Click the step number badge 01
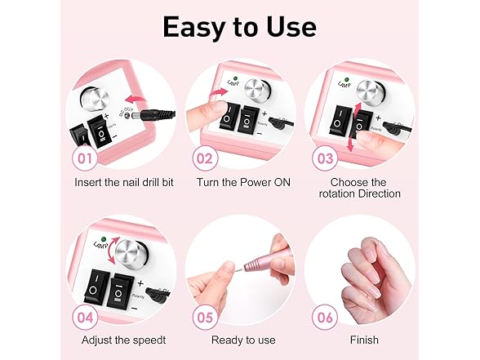85,158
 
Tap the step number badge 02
205,158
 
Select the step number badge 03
325,158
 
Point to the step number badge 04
85,318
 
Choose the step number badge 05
205,318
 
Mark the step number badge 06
325,318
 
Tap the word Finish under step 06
364,340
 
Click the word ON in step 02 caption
282,182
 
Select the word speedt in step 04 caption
149,340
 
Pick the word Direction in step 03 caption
380,193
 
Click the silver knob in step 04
132,255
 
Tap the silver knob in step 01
95,100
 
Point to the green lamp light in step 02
235,78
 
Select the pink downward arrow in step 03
350,143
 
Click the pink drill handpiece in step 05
265,262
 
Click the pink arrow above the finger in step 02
219,93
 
